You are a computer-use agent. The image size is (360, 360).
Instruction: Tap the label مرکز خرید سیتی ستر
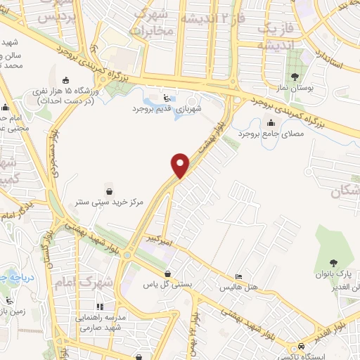click(x=110, y=202)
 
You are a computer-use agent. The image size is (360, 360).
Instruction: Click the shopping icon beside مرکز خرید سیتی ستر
click(x=110, y=191)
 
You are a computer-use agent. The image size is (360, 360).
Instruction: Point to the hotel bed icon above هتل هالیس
click(x=240, y=277)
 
